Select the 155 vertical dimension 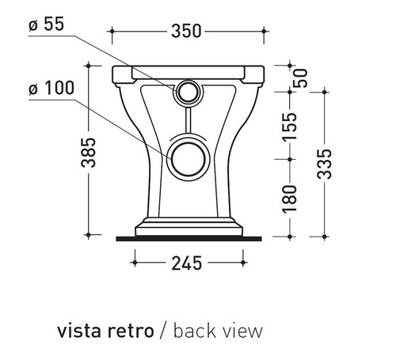[291, 127]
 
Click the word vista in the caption [78, 329]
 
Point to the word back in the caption [192, 329]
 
